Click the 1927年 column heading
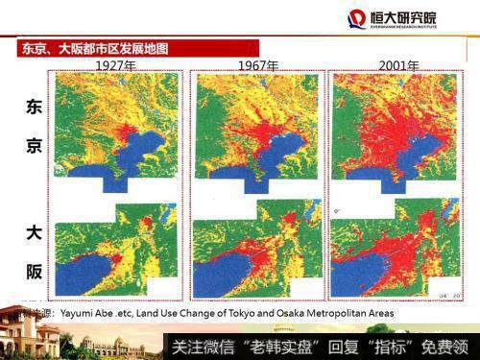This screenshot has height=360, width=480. coord(116,65)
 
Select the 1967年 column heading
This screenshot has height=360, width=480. coord(258,65)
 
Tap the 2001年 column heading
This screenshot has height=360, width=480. coord(399,65)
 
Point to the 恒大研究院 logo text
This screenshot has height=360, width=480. coord(402,16)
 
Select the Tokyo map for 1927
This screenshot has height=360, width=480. coord(116,128)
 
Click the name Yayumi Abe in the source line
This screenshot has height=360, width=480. coord(90,313)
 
